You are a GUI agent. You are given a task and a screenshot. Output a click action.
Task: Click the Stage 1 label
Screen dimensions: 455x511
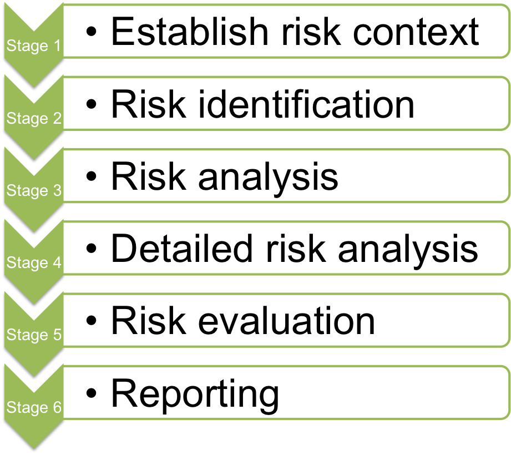(33, 46)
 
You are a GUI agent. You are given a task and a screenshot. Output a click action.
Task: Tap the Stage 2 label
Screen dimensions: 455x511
(33, 119)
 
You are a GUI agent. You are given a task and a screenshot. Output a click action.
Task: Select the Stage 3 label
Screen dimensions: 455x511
(33, 191)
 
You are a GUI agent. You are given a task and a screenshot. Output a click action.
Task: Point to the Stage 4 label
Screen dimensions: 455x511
(33, 263)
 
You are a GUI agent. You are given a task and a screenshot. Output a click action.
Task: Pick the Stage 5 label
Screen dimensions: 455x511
(33, 335)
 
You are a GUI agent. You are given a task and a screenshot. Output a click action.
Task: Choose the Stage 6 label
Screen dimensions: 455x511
(33, 408)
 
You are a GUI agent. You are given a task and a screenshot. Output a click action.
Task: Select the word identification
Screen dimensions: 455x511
(305, 104)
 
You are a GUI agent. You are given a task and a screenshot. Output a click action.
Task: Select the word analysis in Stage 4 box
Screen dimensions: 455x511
(408, 250)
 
